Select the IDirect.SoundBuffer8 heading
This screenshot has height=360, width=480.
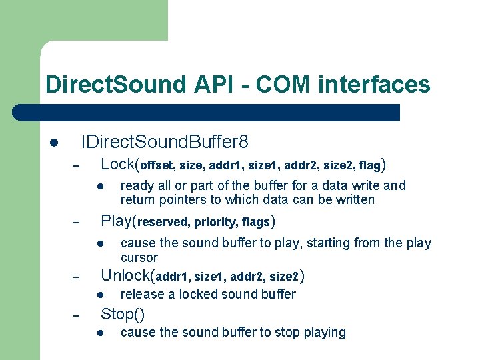pos(165,142)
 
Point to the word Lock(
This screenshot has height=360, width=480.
pos(120,163)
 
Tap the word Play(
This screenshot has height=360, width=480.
pos(118,221)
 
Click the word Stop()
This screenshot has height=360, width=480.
pos(123,313)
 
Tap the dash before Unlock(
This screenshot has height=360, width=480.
pos(76,277)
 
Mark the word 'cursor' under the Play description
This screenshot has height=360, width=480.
pos(139,257)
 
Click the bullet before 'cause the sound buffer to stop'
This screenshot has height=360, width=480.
pos(97,333)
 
